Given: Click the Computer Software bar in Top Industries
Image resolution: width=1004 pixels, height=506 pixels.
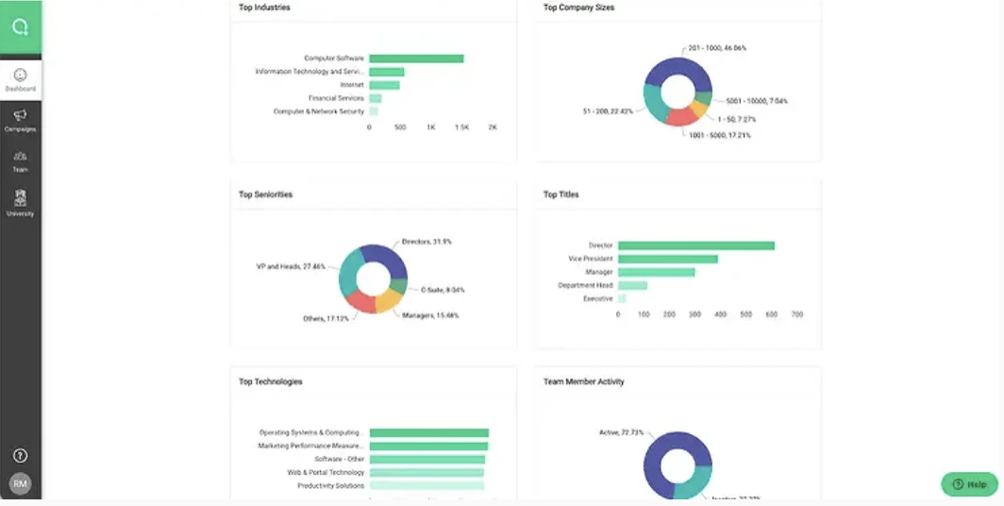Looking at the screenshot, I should coord(416,59).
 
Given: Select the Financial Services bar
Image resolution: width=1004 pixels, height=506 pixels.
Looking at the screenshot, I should coord(376,98).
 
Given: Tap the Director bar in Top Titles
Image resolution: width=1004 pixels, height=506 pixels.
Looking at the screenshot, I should coord(695,245).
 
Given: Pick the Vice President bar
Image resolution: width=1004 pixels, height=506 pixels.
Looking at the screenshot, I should coord(667,259).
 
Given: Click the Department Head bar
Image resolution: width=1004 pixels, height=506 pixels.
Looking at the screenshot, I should coord(632,285).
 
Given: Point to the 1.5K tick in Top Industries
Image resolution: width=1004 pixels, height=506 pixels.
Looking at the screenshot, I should coord(462,126).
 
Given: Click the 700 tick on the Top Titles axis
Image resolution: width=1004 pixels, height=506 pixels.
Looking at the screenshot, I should coord(797,313).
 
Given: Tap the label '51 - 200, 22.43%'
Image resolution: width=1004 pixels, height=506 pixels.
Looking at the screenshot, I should coord(609,110).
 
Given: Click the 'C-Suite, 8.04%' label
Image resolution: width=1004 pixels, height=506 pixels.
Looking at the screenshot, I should coord(443,290).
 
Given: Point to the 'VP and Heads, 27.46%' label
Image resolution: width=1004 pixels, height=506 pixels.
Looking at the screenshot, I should coord(291,266).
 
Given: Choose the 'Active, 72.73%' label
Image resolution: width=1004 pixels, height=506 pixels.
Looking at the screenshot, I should coord(622,432).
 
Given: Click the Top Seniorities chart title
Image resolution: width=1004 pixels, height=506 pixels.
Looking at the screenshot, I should coord(265,194).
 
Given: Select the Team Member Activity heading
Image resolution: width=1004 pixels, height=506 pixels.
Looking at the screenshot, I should coord(583,382).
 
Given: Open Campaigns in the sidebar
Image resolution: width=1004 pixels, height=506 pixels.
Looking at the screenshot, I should coord(20,120).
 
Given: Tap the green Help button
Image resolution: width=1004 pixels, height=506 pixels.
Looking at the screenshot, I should coord(969,484).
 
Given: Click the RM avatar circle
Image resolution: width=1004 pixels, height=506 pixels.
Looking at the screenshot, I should coord(20,484).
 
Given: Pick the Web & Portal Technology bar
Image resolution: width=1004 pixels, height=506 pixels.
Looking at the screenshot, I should coord(427,472).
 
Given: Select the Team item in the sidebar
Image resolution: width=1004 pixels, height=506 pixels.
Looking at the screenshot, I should coord(20,160).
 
